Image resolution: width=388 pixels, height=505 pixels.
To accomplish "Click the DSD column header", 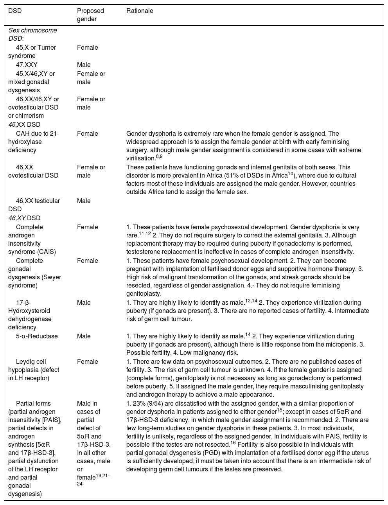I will [x=15, y=11].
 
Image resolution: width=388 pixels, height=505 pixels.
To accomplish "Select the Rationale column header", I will [x=140, y=11].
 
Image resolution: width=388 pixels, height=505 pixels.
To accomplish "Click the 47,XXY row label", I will [x=27, y=65].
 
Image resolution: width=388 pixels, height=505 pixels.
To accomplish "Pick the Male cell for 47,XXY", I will [x=84, y=65].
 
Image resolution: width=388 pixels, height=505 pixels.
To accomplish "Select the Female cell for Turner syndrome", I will [x=87, y=48].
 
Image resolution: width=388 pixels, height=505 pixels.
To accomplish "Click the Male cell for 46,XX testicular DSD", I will [x=84, y=201].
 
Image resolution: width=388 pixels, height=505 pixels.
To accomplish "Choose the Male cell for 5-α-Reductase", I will [x=84, y=336].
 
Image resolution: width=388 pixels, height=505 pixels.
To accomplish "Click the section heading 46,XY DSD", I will [x=24, y=218].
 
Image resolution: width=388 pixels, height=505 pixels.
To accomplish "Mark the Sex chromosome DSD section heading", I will [x=32, y=34].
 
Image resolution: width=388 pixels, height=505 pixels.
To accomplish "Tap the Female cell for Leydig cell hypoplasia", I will [x=87, y=362].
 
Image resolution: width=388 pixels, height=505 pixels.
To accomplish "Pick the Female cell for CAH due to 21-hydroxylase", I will [x=87, y=134].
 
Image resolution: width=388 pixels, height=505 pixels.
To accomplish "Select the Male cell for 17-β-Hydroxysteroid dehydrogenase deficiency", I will [x=84, y=303].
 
